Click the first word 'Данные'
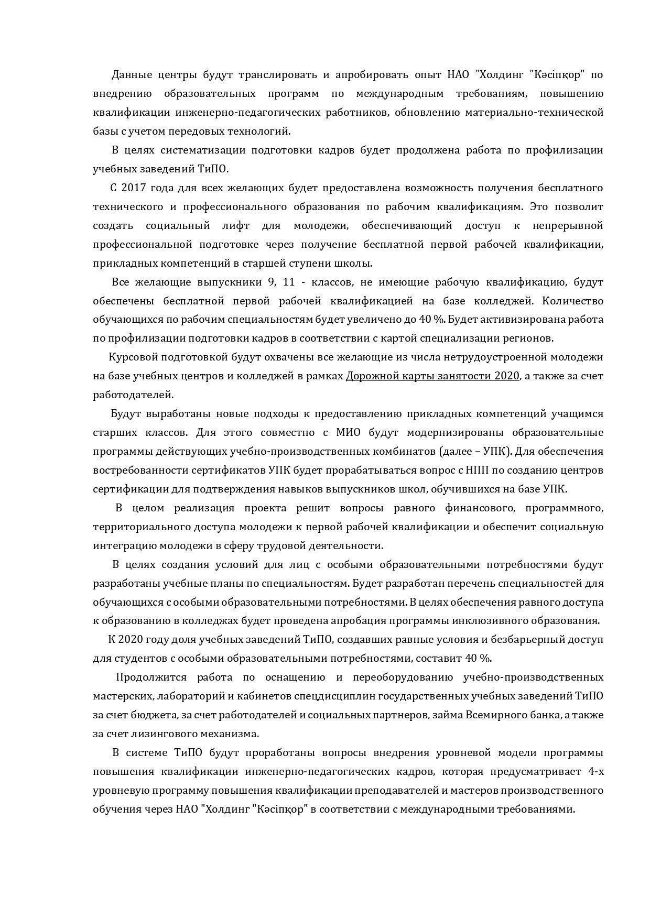[131, 74]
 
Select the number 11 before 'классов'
[289, 282]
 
